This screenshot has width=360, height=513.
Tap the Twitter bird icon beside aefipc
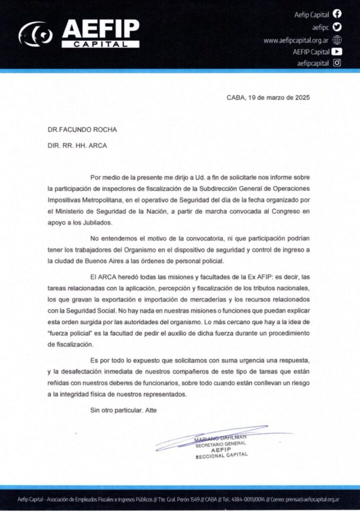(x=337, y=28)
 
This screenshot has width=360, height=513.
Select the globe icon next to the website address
(x=337, y=40)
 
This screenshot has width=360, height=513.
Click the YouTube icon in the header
(x=337, y=51)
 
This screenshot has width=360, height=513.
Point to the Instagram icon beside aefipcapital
(x=337, y=63)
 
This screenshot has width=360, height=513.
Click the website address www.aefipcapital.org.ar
(x=295, y=40)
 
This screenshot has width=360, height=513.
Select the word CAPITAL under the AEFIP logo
(x=101, y=44)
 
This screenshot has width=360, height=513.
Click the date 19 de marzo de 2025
(x=279, y=98)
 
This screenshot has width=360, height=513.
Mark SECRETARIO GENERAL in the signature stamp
(x=219, y=444)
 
